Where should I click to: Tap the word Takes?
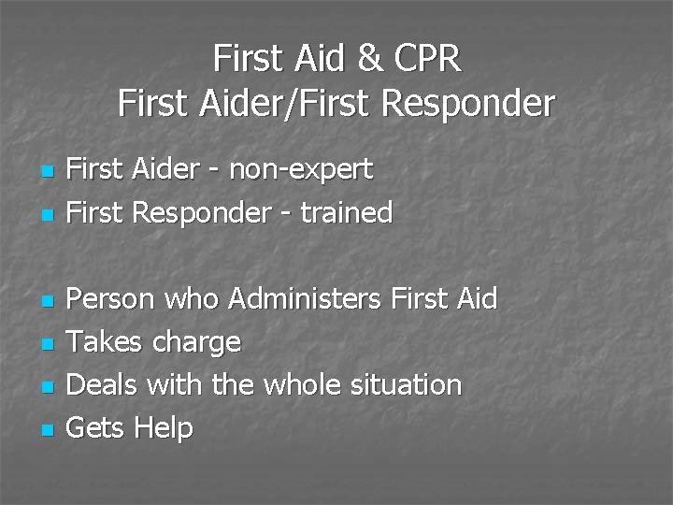pos(104,342)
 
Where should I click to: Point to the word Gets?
pos(97,428)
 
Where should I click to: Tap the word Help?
pos(164,428)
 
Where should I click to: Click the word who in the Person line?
pos(193,299)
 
